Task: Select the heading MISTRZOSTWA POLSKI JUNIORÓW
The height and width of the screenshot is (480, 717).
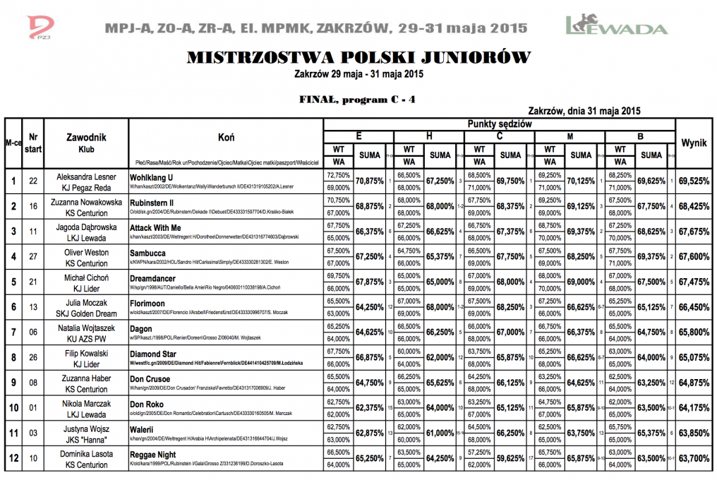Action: point(358,58)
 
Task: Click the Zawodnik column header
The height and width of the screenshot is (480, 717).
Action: point(86,137)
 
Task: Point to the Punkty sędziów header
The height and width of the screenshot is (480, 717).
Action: point(500,124)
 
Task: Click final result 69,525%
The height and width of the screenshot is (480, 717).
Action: point(694,181)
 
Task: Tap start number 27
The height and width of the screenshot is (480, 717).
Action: point(32,258)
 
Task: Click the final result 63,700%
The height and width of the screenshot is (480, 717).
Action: point(694,458)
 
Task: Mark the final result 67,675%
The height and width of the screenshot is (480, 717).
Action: point(694,232)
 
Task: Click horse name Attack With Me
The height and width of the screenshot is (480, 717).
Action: point(156,228)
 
